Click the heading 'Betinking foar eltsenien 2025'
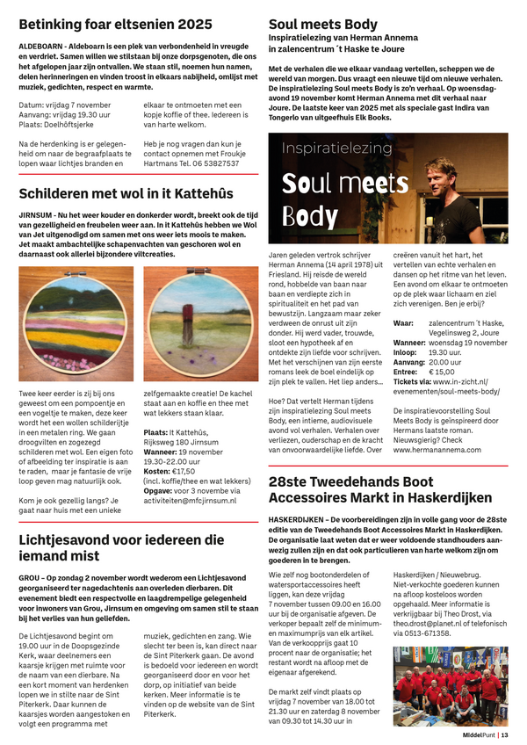tap(115, 24)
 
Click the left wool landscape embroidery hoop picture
tap(76, 324)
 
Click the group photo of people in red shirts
tap(451, 684)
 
